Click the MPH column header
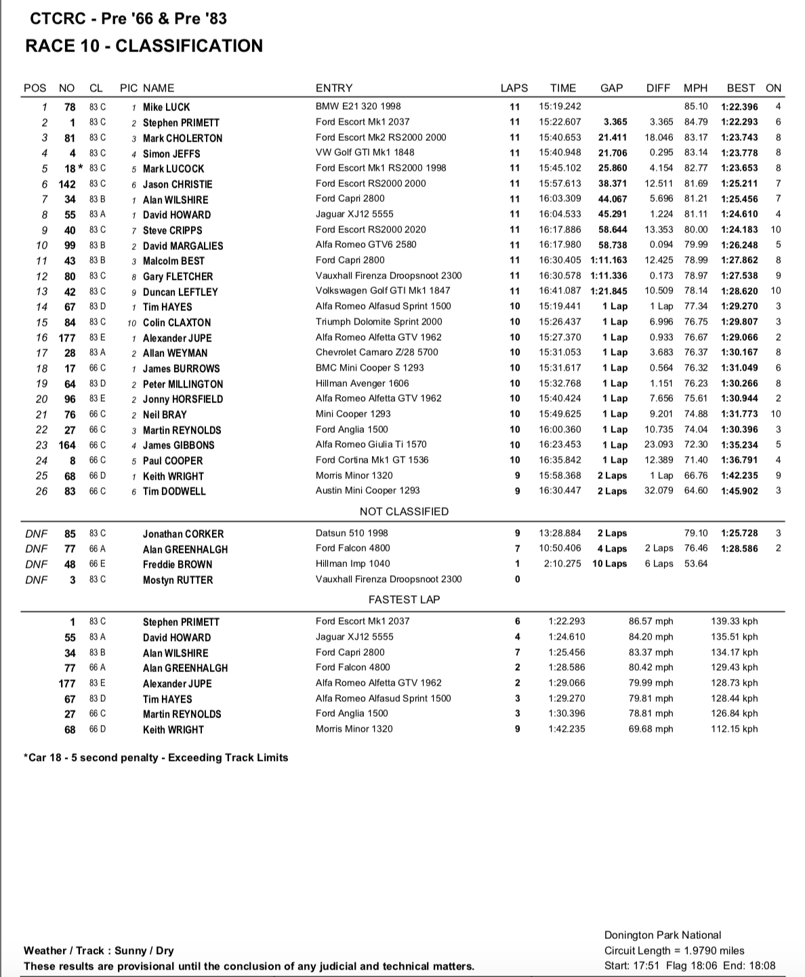point(695,88)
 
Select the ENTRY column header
point(334,88)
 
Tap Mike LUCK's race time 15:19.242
point(560,106)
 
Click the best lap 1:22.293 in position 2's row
point(739,122)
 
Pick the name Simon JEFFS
point(171,154)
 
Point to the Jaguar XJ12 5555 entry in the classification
point(354,214)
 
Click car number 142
point(67,184)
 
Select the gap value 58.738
point(613,245)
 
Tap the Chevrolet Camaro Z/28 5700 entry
point(377,352)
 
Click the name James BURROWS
point(181,369)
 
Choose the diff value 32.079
point(659,491)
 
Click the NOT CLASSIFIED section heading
point(404,512)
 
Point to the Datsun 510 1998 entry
point(352,533)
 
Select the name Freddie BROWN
point(178,564)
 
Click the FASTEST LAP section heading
point(404,600)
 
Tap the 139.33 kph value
point(735,621)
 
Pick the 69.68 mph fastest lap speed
point(651,729)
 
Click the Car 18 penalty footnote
point(156,757)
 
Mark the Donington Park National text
point(663,935)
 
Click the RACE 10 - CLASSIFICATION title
point(144,46)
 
